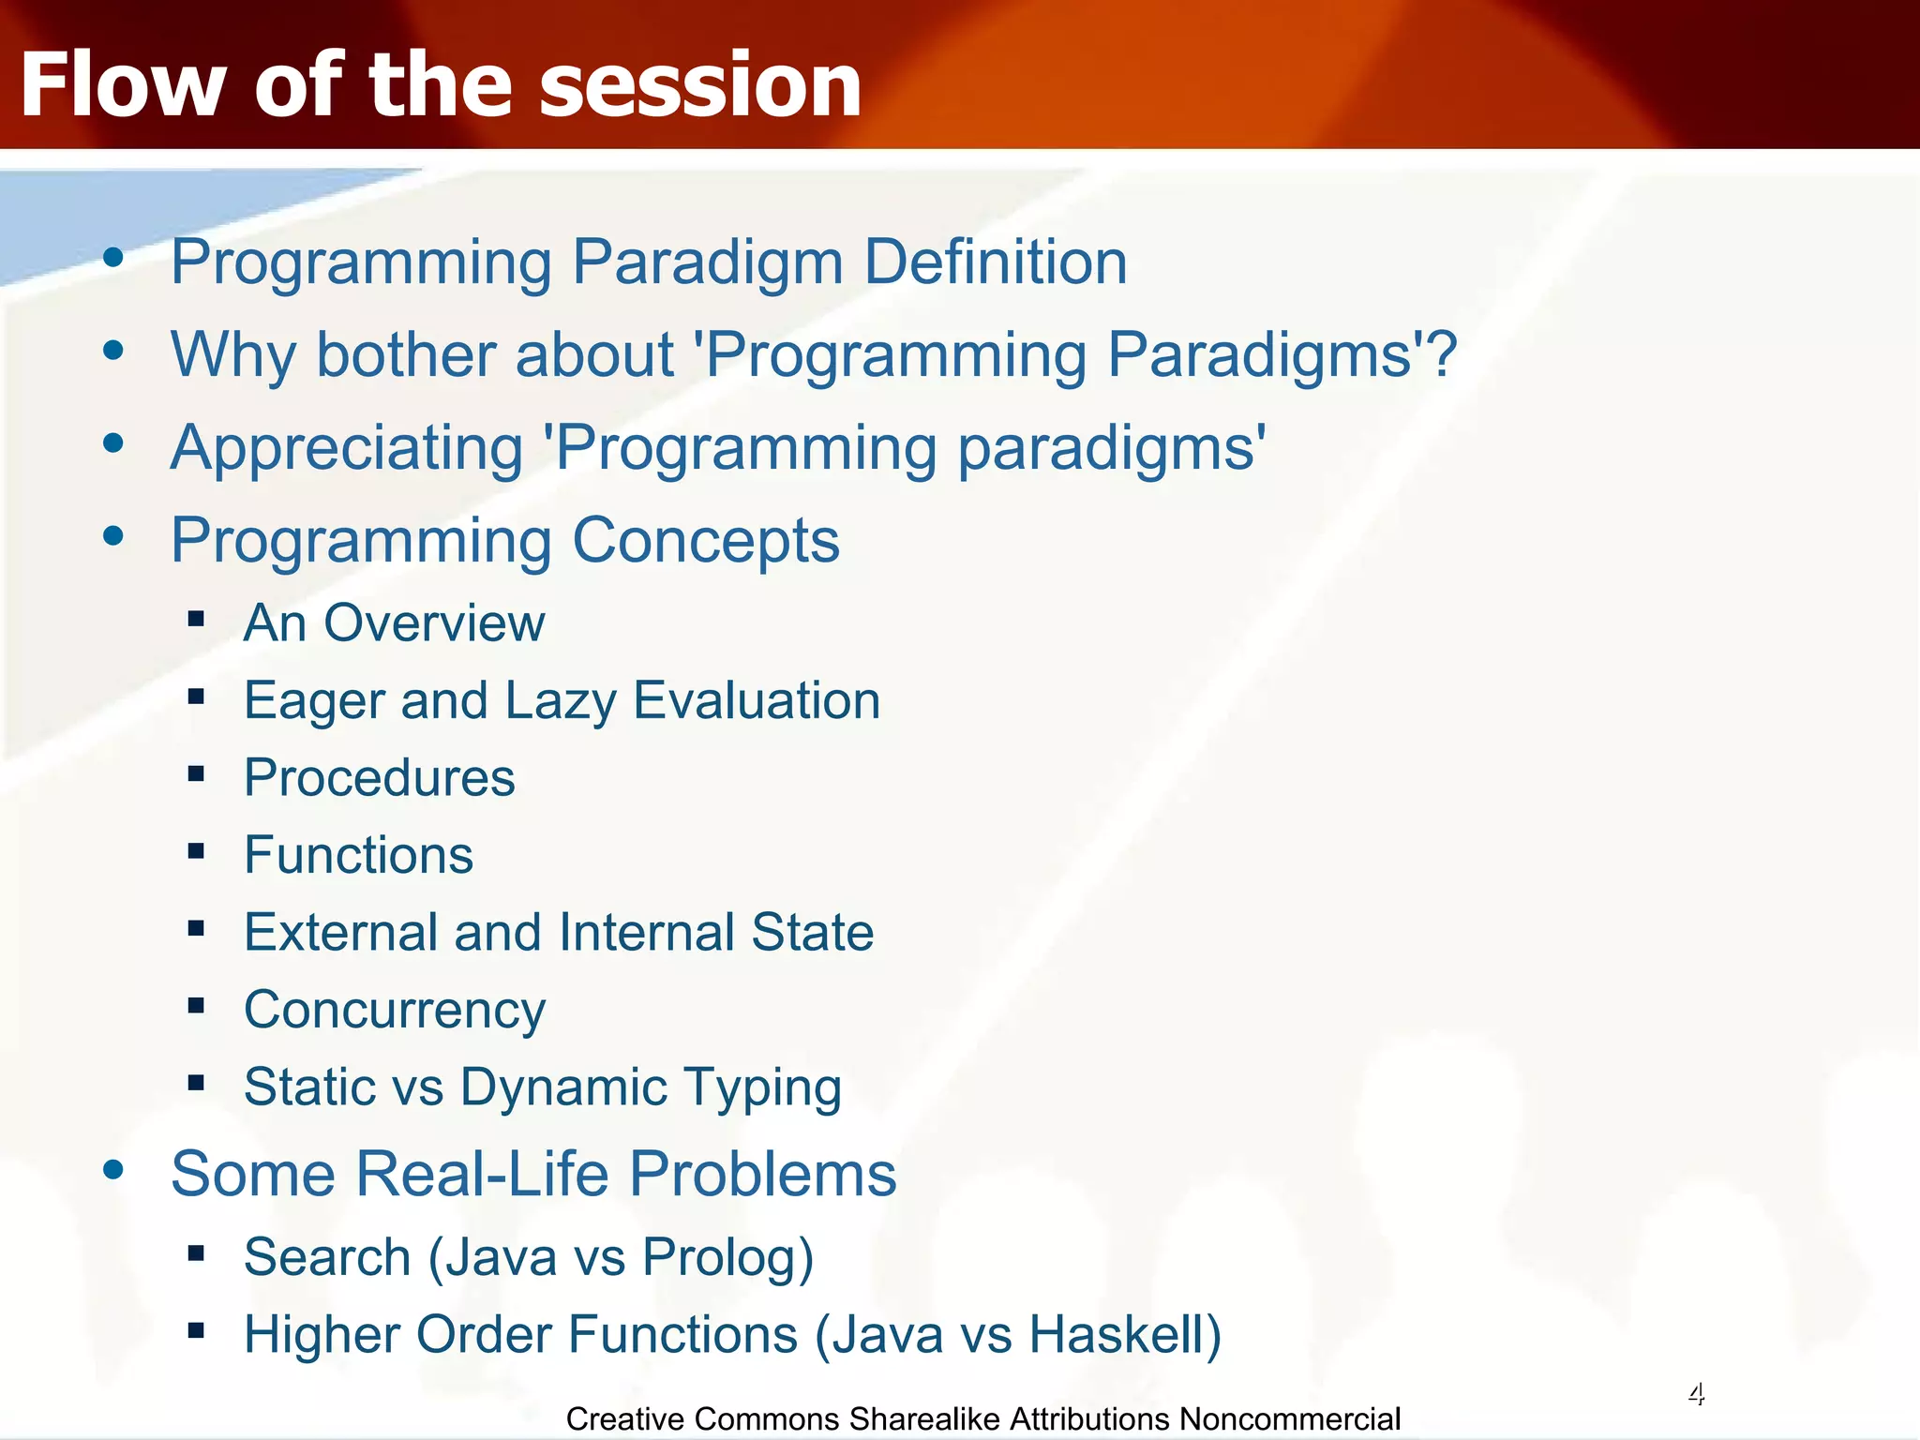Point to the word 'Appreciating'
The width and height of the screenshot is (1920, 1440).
(x=347, y=448)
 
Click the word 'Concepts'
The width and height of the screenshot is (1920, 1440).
(x=706, y=541)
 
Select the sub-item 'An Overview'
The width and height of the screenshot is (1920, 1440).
(x=395, y=622)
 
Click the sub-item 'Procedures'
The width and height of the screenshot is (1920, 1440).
(x=380, y=778)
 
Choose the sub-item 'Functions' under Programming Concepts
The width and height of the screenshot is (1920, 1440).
(x=359, y=855)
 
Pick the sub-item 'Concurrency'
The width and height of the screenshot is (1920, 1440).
(x=395, y=1011)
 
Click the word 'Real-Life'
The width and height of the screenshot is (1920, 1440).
(x=484, y=1174)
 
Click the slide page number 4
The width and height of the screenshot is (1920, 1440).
(x=1696, y=1394)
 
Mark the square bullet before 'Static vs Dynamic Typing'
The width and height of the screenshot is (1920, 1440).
(x=196, y=1084)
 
